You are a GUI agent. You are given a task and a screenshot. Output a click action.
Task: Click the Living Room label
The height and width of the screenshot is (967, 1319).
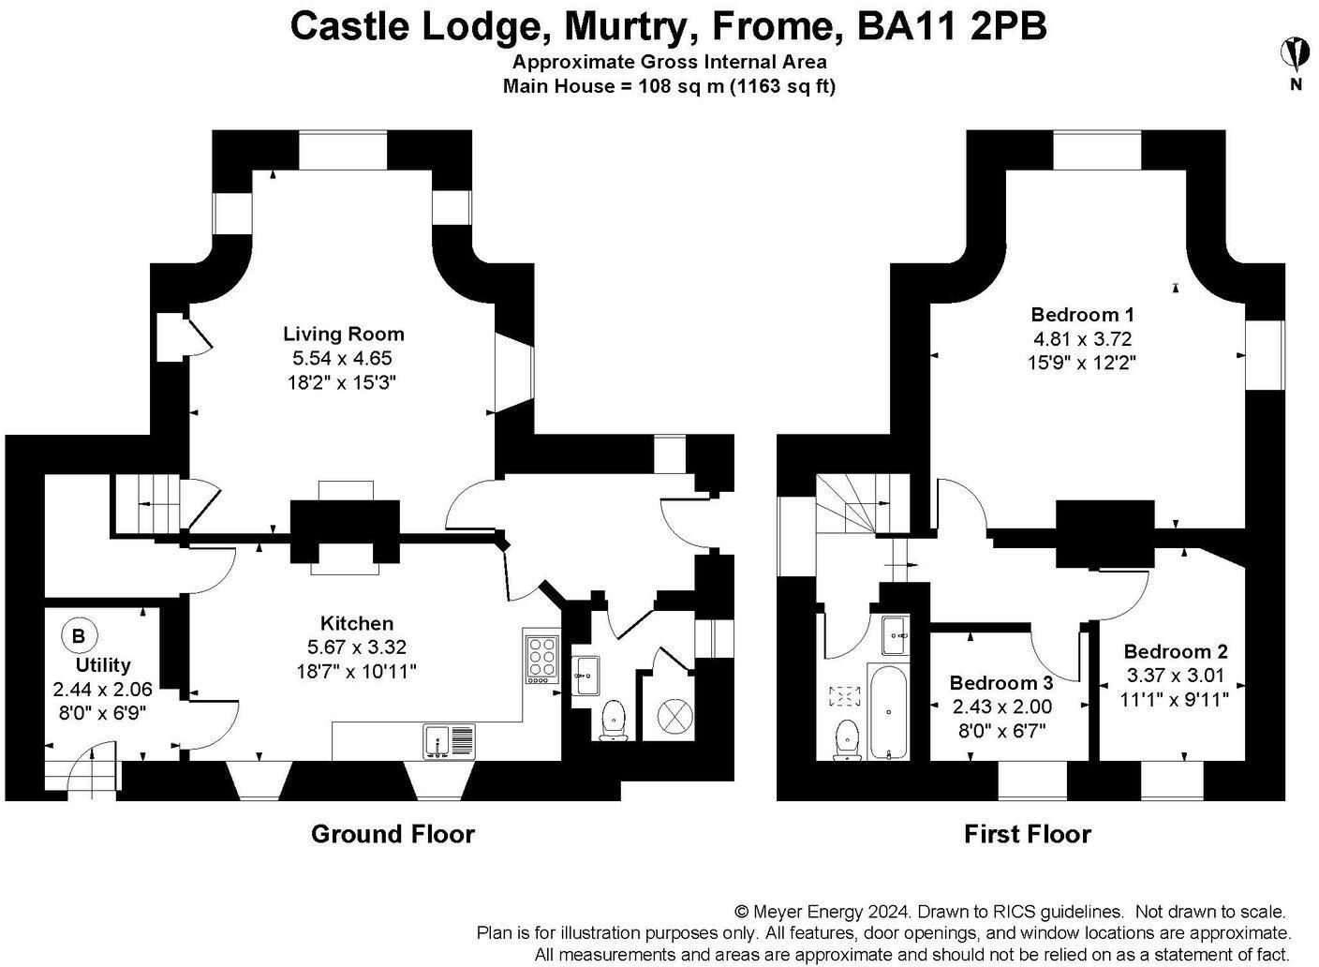tap(344, 335)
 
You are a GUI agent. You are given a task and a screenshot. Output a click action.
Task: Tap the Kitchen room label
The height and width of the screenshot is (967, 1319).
tap(357, 623)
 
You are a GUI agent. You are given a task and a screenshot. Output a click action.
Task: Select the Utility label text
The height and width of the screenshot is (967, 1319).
tap(103, 665)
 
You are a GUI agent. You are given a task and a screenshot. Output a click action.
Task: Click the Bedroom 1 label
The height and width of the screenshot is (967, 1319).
tap(1082, 315)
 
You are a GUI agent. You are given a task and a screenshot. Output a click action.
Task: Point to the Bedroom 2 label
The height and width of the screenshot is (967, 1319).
tap(1176, 651)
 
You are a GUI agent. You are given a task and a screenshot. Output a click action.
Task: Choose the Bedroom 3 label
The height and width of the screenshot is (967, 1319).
tap(1001, 683)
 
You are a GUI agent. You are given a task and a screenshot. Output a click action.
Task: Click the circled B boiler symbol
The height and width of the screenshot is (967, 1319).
tap(79, 636)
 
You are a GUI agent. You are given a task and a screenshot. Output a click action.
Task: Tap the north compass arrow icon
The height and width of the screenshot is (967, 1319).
tap(1296, 53)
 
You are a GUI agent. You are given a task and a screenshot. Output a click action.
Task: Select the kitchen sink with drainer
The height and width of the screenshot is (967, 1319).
tap(449, 741)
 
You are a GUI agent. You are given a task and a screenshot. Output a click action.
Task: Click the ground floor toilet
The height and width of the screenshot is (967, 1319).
tap(615, 721)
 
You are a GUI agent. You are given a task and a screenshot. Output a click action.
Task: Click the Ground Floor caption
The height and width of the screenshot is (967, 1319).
tap(393, 835)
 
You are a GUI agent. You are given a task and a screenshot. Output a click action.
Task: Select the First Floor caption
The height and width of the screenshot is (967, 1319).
tap(1028, 835)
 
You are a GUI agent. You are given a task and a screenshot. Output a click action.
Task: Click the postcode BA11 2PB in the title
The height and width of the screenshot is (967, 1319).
tap(952, 26)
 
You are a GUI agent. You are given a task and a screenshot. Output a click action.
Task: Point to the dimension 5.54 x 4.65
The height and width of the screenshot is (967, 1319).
tap(342, 358)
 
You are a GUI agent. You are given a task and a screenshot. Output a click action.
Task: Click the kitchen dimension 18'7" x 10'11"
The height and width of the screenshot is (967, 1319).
tap(356, 671)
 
